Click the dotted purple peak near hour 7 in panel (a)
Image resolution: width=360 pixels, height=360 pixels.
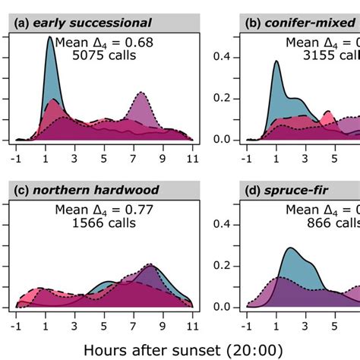click(141, 94)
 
